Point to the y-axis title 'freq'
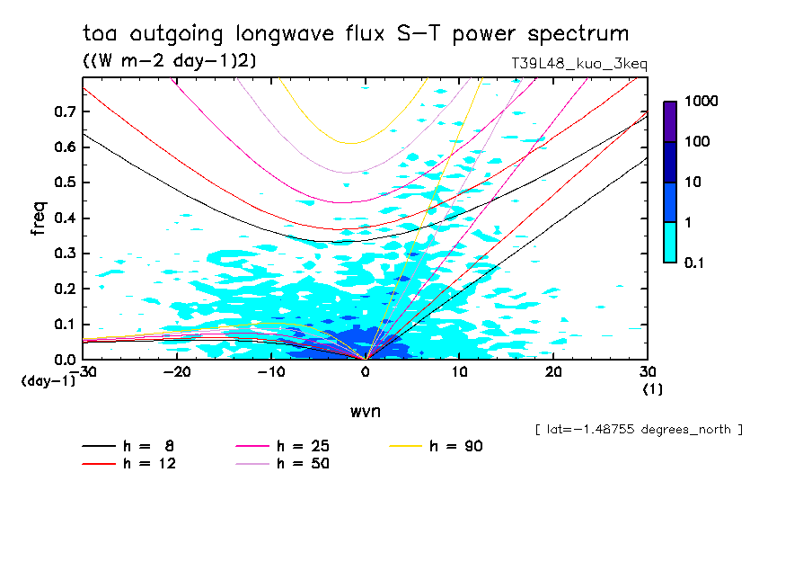38,218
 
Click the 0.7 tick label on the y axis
63,111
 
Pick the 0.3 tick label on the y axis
63,254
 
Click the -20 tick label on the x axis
178,372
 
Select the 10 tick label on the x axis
459,372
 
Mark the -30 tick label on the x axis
84,372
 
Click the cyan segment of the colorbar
670,242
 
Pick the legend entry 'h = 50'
283,463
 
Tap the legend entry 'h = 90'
437,446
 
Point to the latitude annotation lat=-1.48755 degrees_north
638,430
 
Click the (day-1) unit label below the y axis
49,381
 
